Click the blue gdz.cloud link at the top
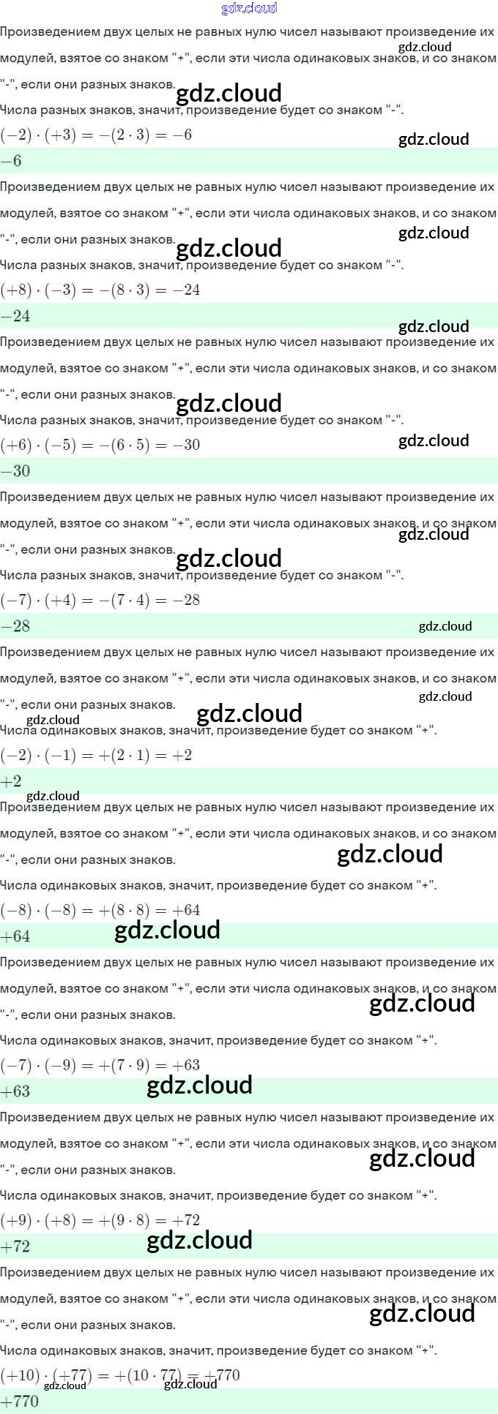249,8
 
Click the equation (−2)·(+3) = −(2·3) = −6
96,135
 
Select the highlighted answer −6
12,161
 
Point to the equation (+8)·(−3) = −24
100,290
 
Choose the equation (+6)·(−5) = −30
100,445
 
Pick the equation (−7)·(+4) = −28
100,600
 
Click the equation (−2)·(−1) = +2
96,755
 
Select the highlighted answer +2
12,781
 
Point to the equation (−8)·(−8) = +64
100,910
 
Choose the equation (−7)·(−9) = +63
100,1065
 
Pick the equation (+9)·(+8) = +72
100,1220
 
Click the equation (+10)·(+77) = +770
120,1375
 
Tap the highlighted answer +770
20,1402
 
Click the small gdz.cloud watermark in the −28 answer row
445,626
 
